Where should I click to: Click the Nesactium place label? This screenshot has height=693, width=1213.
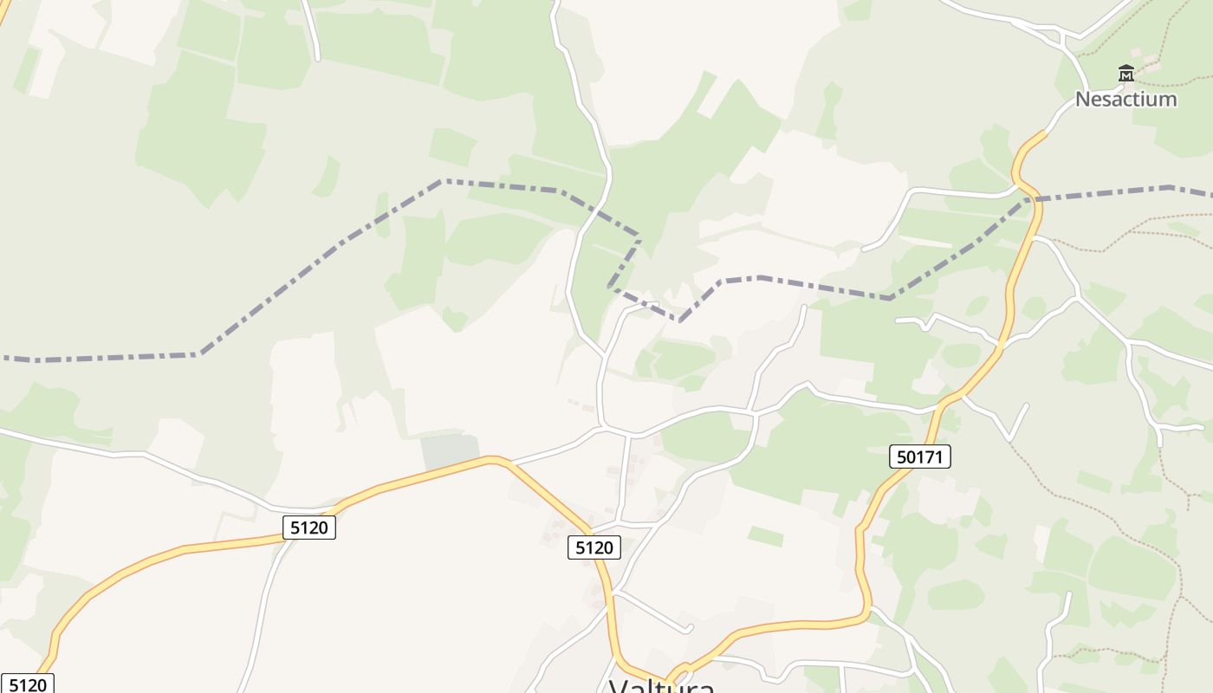pyautogui.click(x=1125, y=99)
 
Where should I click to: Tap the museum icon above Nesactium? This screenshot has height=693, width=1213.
pyautogui.click(x=1125, y=73)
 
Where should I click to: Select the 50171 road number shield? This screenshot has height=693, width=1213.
pyautogui.click(x=919, y=457)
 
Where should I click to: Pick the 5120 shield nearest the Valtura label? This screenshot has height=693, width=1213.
pyautogui.click(x=594, y=547)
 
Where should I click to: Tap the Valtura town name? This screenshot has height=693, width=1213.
pyautogui.click(x=662, y=686)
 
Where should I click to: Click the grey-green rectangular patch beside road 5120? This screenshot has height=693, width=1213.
pyautogui.click(x=450, y=450)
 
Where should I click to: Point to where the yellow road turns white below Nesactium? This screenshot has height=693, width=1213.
pyautogui.click(x=1048, y=132)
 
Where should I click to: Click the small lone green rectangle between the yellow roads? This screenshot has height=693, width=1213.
pyautogui.click(x=765, y=536)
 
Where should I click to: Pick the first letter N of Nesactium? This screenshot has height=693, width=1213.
pyautogui.click(x=1082, y=99)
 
